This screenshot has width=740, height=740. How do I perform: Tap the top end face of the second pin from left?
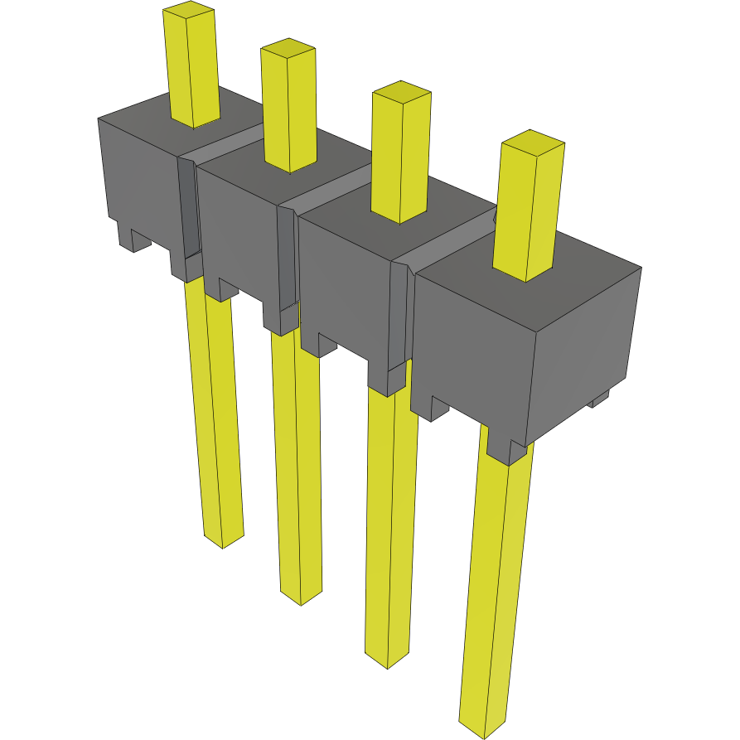(288, 47)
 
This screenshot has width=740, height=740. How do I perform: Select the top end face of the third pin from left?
(401, 90)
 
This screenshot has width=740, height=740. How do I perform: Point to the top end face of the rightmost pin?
(533, 141)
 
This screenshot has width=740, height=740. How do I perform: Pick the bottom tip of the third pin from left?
(388, 660)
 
